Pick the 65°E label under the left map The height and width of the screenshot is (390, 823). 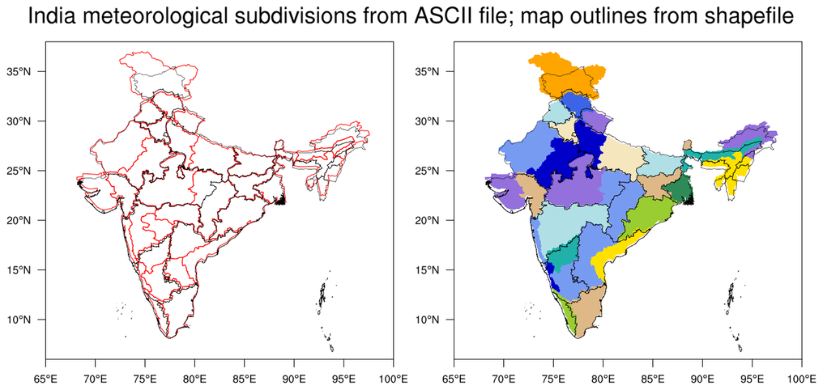pyautogui.click(x=45, y=378)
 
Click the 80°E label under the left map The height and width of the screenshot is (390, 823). pyautogui.click(x=194, y=378)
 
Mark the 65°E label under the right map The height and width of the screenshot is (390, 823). pyautogui.click(x=454, y=378)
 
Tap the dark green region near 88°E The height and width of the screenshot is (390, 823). pyautogui.click(x=678, y=191)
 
